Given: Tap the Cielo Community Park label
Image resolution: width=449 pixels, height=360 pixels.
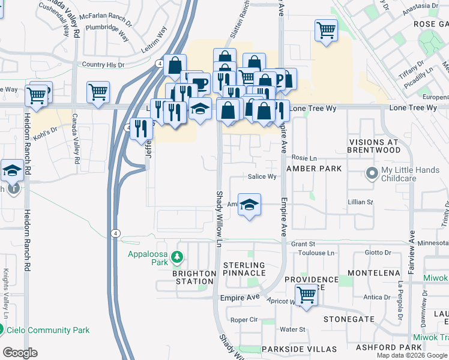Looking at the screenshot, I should pos(49,330).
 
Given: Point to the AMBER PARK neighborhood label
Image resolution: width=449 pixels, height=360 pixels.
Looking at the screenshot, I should pos(314,169).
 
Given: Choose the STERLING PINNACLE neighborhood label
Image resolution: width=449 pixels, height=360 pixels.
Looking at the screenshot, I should pos(244,269).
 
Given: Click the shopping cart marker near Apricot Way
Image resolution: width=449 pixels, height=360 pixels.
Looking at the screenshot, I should pos(307,294).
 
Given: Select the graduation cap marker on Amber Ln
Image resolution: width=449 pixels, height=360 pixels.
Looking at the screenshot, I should pos(249,205).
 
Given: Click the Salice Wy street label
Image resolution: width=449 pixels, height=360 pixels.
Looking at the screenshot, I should pos(262,177).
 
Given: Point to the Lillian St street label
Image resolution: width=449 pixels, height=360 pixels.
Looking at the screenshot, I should pos(361,203).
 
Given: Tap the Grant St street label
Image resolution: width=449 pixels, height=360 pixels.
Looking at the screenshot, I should pos(303,244).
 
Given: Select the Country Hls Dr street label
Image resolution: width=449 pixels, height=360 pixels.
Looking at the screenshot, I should pos(103,65).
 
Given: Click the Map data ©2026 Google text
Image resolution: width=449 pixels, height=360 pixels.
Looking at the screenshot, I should pos(412,355).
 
